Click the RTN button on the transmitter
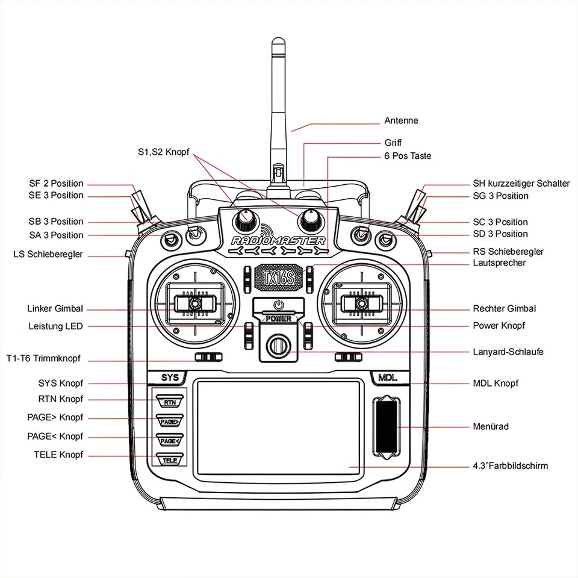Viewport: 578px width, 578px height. pyautogui.click(x=170, y=402)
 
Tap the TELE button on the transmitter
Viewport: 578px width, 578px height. pyautogui.click(x=170, y=460)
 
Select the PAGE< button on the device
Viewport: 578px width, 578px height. pyautogui.click(x=170, y=441)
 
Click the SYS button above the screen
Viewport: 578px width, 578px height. pyautogui.click(x=170, y=378)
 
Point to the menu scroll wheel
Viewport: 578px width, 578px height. pyautogui.click(x=387, y=427)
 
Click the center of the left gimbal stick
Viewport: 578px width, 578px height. pyautogui.click(x=194, y=304)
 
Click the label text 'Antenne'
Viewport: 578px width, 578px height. pyautogui.click(x=401, y=121)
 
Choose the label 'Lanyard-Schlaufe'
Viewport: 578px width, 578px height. pyautogui.click(x=508, y=351)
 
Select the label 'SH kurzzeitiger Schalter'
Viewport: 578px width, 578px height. pyautogui.click(x=521, y=184)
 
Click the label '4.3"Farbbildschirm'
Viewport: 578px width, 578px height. pyautogui.click(x=511, y=466)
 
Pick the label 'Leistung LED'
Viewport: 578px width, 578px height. pyautogui.click(x=55, y=326)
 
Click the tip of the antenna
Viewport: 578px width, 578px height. pyautogui.click(x=278, y=41)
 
